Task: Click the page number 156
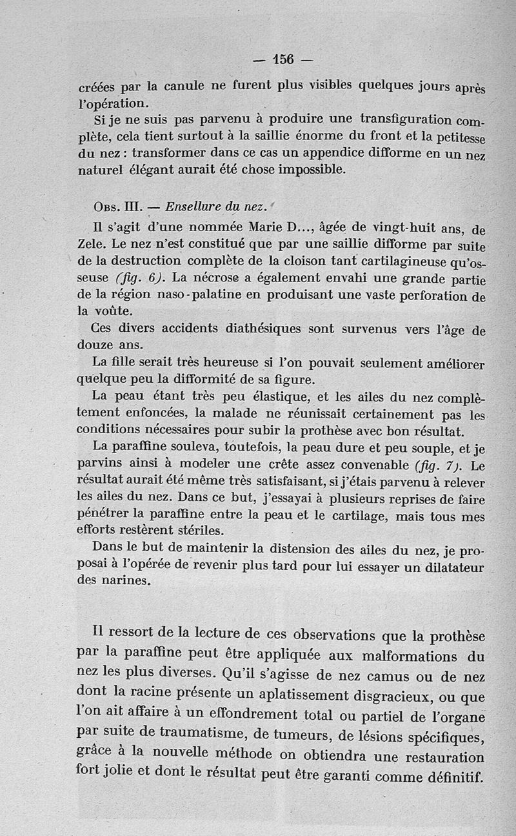pyautogui.click(x=283, y=59)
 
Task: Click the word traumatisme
pyautogui.click(x=218, y=735)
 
